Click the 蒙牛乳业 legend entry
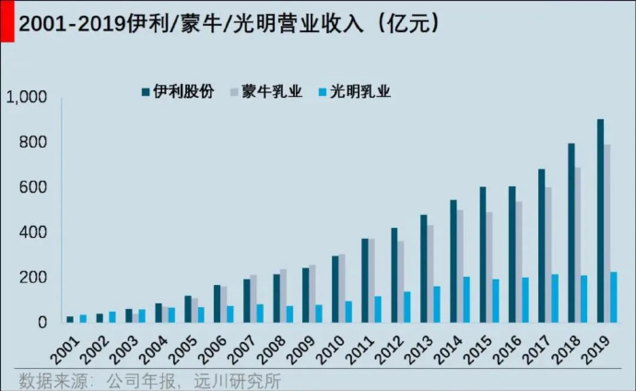click(271, 92)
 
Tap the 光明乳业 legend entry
click(359, 92)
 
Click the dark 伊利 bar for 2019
click(600, 221)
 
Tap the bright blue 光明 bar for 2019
click(614, 297)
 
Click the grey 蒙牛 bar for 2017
click(548, 255)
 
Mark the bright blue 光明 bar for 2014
click(466, 300)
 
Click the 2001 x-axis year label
click(64, 351)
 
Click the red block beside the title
click(6, 22)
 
